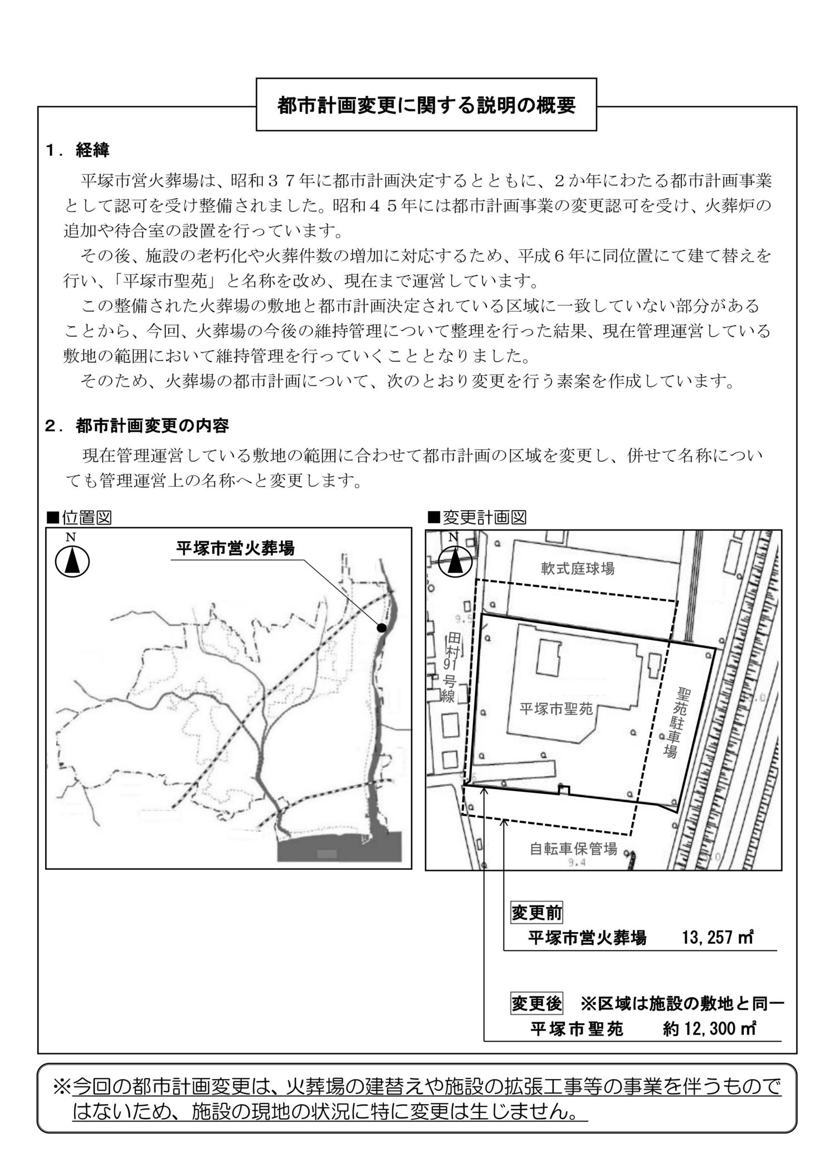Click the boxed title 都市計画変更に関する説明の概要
point(426,105)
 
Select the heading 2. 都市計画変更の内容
point(137,426)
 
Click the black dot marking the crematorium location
point(382,627)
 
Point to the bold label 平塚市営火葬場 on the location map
point(235,548)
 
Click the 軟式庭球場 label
point(578,568)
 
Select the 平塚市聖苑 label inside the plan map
point(555,709)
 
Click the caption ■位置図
point(79,518)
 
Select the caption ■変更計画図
point(476,518)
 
